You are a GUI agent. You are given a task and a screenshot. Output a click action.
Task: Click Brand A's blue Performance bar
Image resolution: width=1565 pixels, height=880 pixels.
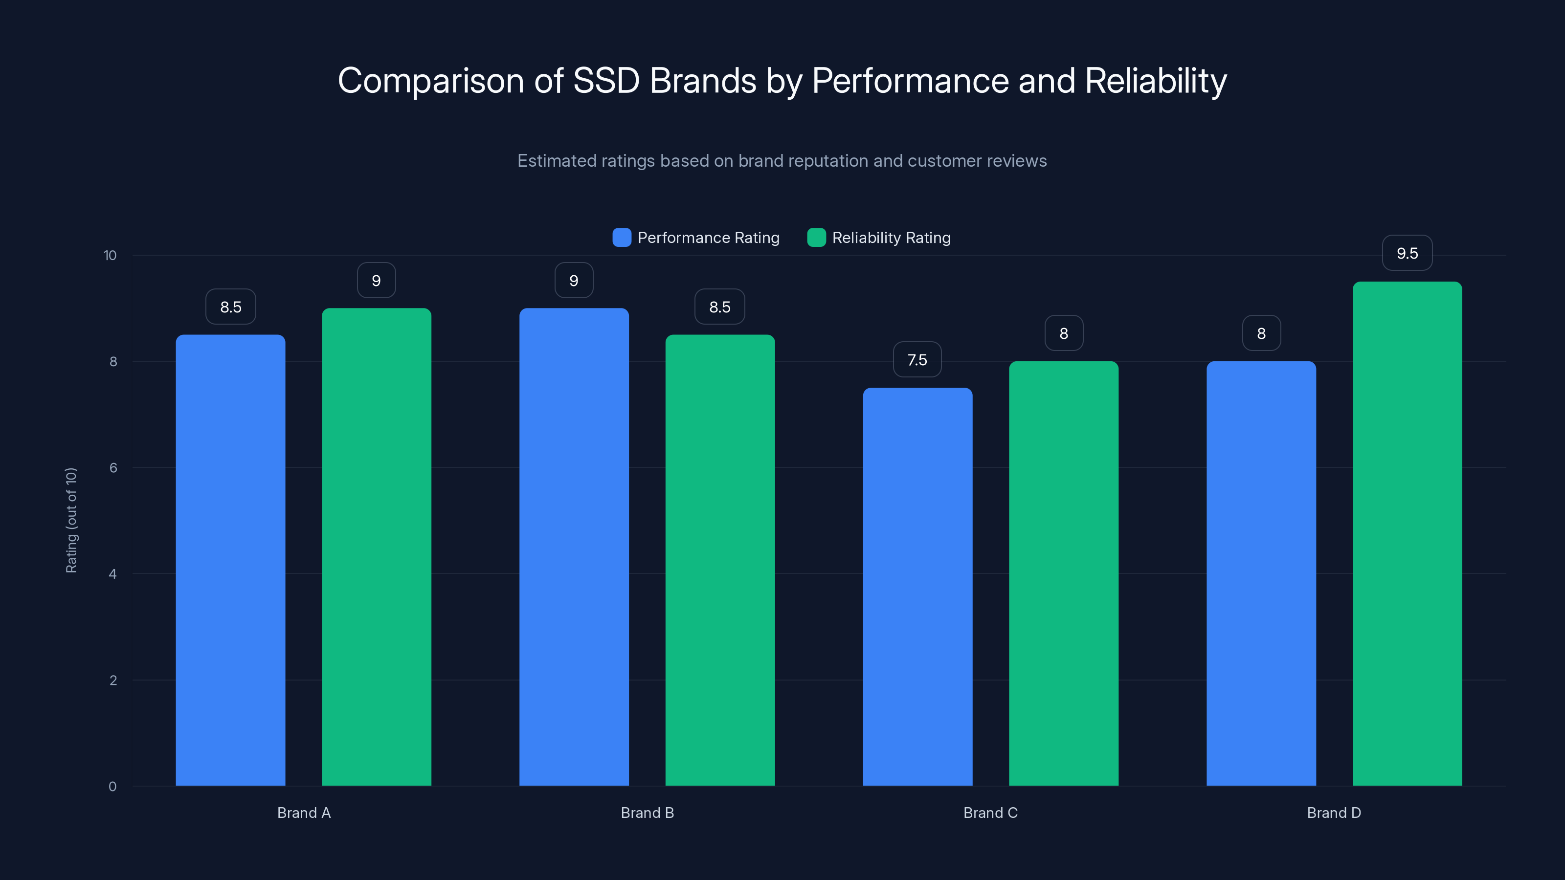(230, 559)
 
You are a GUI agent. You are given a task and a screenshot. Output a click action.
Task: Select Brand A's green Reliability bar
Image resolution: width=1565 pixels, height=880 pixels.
(376, 547)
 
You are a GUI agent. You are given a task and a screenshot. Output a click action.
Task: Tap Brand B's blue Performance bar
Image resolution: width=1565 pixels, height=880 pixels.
(574, 547)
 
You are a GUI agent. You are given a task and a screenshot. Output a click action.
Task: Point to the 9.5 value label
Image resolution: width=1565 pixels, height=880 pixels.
(1407, 253)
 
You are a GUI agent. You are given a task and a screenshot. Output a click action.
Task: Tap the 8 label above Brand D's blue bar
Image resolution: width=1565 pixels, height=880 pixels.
(1261, 333)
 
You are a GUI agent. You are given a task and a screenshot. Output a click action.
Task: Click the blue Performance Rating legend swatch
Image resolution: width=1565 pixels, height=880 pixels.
(622, 238)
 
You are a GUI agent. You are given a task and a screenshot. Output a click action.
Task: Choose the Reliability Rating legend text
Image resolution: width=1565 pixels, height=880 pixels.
(891, 238)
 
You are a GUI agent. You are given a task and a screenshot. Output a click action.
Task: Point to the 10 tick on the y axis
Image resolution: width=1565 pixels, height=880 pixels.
(110, 255)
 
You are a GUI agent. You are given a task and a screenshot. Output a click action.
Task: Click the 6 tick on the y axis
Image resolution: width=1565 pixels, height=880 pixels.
(113, 468)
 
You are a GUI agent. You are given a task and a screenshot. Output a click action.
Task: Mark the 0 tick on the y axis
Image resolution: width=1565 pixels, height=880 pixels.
(112, 787)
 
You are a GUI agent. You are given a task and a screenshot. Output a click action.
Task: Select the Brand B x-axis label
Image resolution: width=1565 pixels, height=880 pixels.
(647, 813)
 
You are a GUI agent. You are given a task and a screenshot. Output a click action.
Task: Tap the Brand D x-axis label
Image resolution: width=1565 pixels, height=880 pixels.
(1334, 813)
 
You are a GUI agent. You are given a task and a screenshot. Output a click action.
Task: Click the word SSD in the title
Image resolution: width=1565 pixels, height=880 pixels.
(606, 81)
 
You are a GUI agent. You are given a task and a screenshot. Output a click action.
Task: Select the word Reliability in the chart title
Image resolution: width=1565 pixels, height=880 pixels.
(1156, 81)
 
